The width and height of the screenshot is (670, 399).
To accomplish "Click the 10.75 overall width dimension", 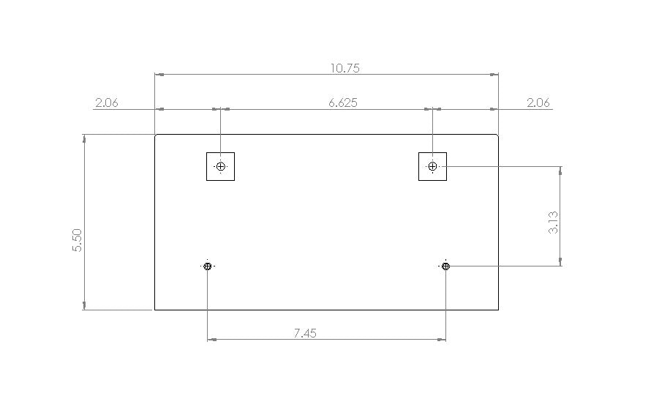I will pyautogui.click(x=345, y=68).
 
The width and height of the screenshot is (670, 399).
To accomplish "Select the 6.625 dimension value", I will pyautogui.click(x=342, y=102).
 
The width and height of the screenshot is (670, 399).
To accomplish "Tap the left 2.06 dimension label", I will pyautogui.click(x=107, y=102).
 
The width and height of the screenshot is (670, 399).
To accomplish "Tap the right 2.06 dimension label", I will pyautogui.click(x=538, y=102).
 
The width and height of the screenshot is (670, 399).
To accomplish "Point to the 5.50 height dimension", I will pyautogui.click(x=78, y=241).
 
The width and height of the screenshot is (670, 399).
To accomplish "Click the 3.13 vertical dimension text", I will pyautogui.click(x=553, y=222).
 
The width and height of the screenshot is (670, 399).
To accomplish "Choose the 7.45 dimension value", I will pyautogui.click(x=305, y=333).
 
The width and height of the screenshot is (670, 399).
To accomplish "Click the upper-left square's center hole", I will pyautogui.click(x=220, y=167).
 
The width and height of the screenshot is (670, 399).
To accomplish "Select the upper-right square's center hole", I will pyautogui.click(x=432, y=167).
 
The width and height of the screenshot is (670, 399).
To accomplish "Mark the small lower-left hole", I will pyautogui.click(x=208, y=266).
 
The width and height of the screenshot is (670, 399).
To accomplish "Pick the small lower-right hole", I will pyautogui.click(x=446, y=266).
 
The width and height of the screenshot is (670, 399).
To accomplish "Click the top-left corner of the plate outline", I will pyautogui.click(x=155, y=135).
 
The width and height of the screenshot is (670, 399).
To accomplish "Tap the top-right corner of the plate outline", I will pyautogui.click(x=498, y=135).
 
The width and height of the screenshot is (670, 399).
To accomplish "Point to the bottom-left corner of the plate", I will pyautogui.click(x=155, y=310).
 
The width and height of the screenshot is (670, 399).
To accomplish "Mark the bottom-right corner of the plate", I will pyautogui.click(x=498, y=310).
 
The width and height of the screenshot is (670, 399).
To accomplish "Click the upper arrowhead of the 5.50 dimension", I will pyautogui.click(x=86, y=138).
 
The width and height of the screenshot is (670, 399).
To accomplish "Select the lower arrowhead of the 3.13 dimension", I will pyautogui.click(x=560, y=261).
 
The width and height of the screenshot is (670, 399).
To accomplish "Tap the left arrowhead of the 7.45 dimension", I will pyautogui.click(x=212, y=340).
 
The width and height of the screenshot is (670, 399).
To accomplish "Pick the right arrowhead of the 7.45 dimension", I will pyautogui.click(x=442, y=340).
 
